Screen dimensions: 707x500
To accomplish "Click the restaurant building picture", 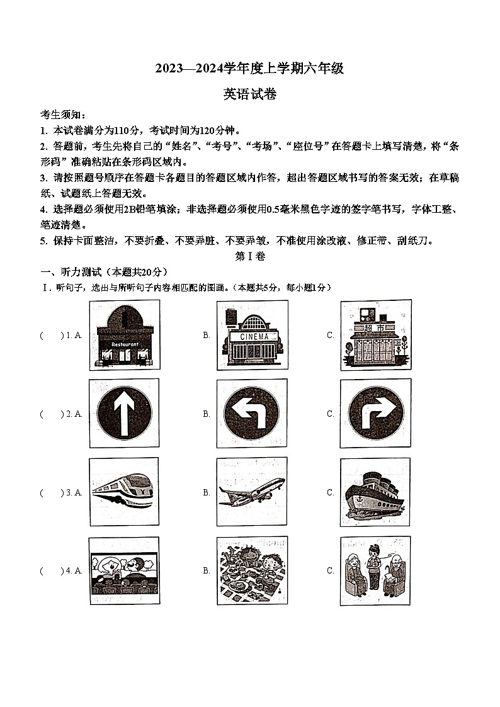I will pyautogui.click(x=124, y=335).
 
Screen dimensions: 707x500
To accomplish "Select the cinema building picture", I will pyautogui.click(x=252, y=335).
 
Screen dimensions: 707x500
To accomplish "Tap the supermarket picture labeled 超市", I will pyautogui.click(x=375, y=335).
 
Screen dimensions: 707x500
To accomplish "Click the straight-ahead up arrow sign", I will pyautogui.click(x=124, y=414).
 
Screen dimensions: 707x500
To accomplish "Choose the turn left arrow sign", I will pyautogui.click(x=252, y=414).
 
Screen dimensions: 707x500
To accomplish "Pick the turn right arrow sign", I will pyautogui.click(x=375, y=414).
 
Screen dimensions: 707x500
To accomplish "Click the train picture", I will pyautogui.click(x=124, y=492).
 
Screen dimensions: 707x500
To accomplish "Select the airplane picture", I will pyautogui.click(x=252, y=492).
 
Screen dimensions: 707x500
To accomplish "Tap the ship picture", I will pyautogui.click(x=375, y=492).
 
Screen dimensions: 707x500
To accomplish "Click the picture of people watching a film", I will pyautogui.click(x=124, y=571).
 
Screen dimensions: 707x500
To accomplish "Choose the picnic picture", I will pyautogui.click(x=252, y=571).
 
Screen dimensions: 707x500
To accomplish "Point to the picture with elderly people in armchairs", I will pyautogui.click(x=375, y=571).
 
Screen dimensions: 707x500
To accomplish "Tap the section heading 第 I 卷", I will pyautogui.click(x=250, y=256).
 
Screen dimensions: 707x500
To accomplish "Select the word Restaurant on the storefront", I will pyautogui.click(x=124, y=344).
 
